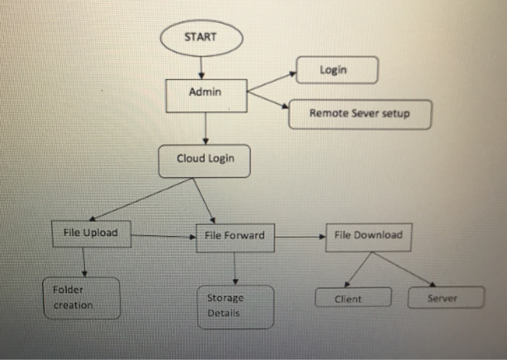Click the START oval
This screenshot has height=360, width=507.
pyautogui.click(x=201, y=37)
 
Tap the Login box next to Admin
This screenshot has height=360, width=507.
pyautogui.click(x=337, y=70)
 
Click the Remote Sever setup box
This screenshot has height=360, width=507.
pyautogui.click(x=359, y=114)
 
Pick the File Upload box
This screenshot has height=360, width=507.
pyautogui.click(x=91, y=234)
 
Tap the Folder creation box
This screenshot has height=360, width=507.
pyautogui.click(x=80, y=298)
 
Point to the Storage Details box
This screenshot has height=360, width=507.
pyautogui.click(x=235, y=306)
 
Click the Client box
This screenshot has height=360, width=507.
pyautogui.click(x=353, y=298)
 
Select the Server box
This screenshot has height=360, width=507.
pyautogui.click(x=445, y=298)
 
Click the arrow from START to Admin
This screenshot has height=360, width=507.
pyautogui.click(x=201, y=67)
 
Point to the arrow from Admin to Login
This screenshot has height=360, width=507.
pyautogui.click(x=272, y=82)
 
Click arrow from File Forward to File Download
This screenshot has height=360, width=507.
pyautogui.click(x=300, y=236)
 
